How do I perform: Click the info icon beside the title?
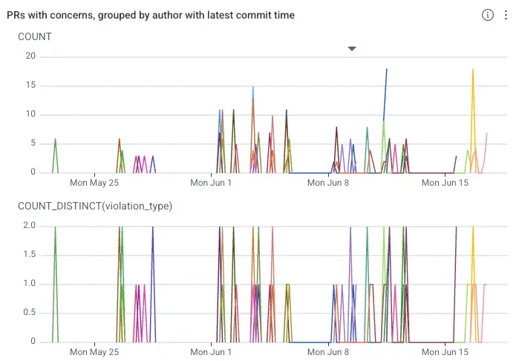(x=487, y=15)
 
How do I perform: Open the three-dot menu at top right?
(x=506, y=15)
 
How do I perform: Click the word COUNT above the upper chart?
(x=35, y=36)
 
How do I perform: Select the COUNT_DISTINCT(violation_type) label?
(x=95, y=206)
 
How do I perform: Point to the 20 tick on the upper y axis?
(x=30, y=56)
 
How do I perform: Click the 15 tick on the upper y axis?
(x=30, y=85)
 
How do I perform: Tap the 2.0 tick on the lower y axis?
(x=29, y=226)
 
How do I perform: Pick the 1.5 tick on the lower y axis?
(x=29, y=255)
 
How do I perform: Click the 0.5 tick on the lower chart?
(x=29, y=313)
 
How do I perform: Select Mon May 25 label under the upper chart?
(x=94, y=183)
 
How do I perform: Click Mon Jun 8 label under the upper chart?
(x=328, y=183)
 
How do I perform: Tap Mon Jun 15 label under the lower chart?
(x=445, y=352)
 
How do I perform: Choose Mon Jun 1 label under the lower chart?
(x=211, y=352)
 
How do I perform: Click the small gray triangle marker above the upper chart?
(x=352, y=48)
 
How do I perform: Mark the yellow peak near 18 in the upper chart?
(x=473, y=69)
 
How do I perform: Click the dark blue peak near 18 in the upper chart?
(x=387, y=69)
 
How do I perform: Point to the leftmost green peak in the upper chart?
(x=55, y=139)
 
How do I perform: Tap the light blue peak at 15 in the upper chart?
(x=253, y=87)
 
